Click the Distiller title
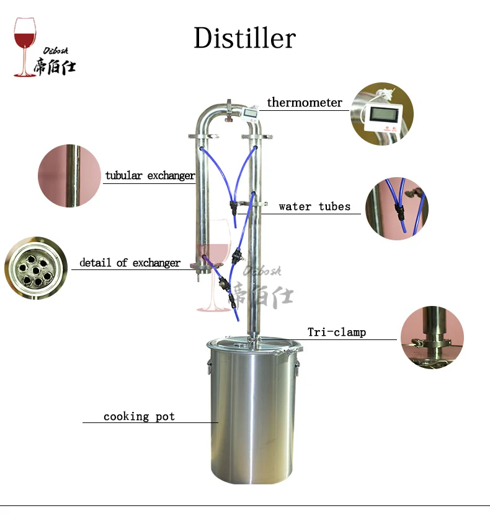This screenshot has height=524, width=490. pos(244,38)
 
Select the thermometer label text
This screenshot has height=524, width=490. pos(305,102)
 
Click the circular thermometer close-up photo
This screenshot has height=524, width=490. pos(381,114)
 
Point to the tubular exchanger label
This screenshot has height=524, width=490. pos(149,175)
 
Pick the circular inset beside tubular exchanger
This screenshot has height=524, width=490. pos(69,175)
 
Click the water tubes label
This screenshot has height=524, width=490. pos(314,206)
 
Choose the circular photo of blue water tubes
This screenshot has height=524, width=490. pos(396,209)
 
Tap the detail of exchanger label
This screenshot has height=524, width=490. pos(130,263)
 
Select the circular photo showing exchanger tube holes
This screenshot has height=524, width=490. pos(35,268)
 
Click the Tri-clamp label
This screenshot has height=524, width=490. pos(337,332)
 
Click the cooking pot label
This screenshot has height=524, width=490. pos(139,416)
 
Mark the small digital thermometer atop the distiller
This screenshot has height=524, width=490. pos(249,114)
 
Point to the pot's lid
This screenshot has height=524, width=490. pos(253,345)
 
